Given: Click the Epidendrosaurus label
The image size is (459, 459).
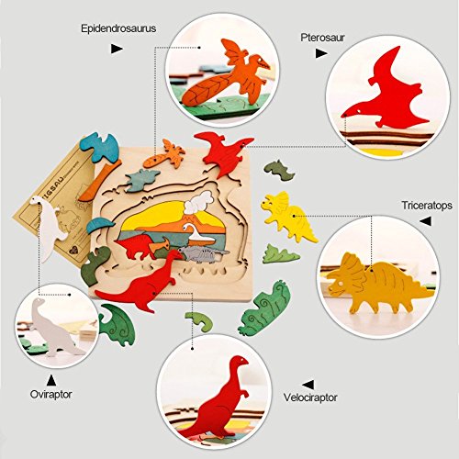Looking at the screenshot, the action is pyautogui.click(x=118, y=28).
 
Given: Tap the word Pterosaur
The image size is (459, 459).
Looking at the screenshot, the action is pyautogui.click(x=322, y=38).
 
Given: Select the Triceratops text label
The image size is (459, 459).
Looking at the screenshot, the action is pyautogui.click(x=427, y=206).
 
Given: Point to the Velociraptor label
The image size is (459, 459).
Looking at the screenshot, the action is pyautogui.click(x=310, y=397).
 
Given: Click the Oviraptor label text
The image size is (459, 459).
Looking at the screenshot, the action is pyautogui.click(x=50, y=394).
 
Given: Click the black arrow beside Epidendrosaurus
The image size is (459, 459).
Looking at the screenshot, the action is pyautogui.click(x=117, y=49).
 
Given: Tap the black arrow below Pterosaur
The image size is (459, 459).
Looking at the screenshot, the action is pyautogui.click(x=321, y=53).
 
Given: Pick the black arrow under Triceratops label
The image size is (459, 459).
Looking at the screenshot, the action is pyautogui.click(x=426, y=221).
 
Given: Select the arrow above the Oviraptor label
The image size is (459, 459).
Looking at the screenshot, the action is pyautogui.click(x=51, y=380).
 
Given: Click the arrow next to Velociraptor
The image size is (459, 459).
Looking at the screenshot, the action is pyautogui.click(x=308, y=385).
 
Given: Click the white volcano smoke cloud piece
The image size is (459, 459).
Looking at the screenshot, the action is pyautogui.click(x=198, y=202).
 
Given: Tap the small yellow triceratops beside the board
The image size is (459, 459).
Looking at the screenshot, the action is pyautogui.click(x=287, y=216).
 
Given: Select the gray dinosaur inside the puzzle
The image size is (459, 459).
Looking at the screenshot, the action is pyautogui.click(x=203, y=253).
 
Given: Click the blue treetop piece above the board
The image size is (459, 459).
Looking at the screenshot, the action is pyautogui.click(x=99, y=147).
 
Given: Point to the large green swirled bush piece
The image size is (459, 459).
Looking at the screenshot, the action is pyautogui.click(x=264, y=308).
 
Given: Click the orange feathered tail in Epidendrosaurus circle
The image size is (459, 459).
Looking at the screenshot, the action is pyautogui.click(x=207, y=88).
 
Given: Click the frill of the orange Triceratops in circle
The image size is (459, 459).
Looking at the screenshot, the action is pyautogui.click(x=353, y=265).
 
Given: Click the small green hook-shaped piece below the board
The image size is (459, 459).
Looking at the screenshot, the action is pyautogui.click(x=200, y=320).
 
